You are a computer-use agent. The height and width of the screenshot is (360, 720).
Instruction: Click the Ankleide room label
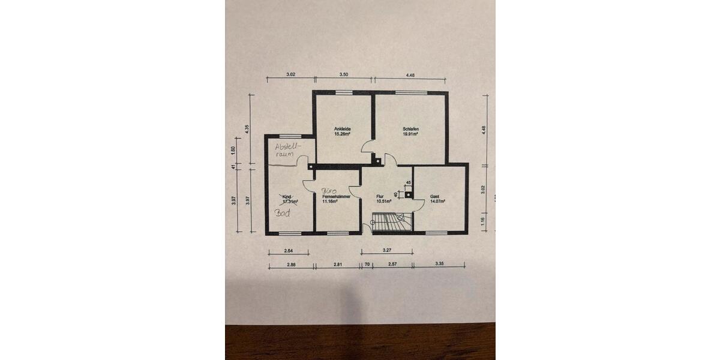pyautogui.click(x=342, y=129)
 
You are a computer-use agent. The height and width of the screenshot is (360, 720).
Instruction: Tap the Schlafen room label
pyautogui.click(x=410, y=129)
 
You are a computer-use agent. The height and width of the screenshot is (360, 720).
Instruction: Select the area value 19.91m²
pyautogui.click(x=410, y=134)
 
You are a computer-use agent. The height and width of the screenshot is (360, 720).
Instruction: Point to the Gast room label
pyautogui.click(x=435, y=196)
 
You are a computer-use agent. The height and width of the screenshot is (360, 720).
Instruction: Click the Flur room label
pyautogui.click(x=379, y=196)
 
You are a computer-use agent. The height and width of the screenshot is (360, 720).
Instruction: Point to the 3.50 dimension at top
pyautogui.click(x=343, y=75)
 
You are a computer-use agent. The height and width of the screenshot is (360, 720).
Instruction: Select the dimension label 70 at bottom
pyautogui.click(x=366, y=264)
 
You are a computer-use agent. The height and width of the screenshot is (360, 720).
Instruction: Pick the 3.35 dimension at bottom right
pyautogui.click(x=440, y=264)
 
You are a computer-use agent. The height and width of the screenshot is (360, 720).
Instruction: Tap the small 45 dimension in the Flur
pyautogui.click(x=409, y=182)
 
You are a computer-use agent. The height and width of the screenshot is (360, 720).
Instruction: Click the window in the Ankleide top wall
pyautogui.click(x=343, y=92)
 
